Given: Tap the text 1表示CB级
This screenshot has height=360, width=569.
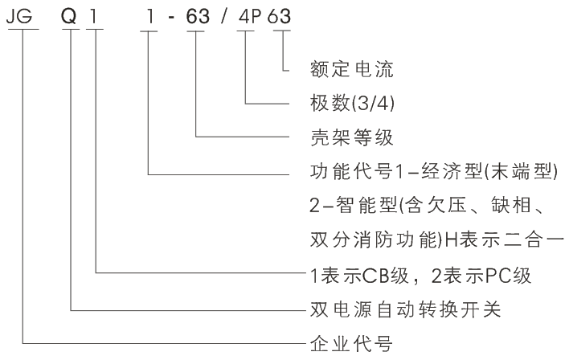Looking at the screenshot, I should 362,275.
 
